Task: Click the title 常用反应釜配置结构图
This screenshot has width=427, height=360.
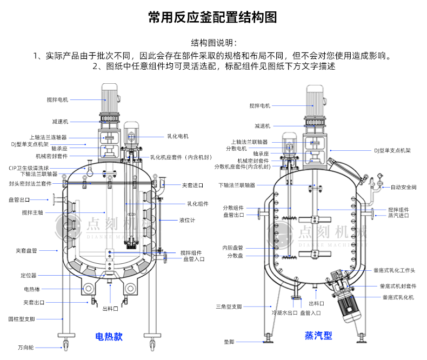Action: tap(213, 17)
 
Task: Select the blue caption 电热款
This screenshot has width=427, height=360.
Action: tap(109, 336)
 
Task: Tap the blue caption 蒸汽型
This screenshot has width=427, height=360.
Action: tap(318, 336)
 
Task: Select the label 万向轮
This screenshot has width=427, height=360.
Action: tap(25, 347)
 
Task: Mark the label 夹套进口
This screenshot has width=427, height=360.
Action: tap(192, 185)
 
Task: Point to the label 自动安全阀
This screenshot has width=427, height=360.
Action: tap(403, 187)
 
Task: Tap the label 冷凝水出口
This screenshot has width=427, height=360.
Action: tap(284, 312)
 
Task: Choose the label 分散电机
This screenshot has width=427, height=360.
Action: tap(236, 148)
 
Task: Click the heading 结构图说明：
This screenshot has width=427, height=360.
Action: tap(213, 43)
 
